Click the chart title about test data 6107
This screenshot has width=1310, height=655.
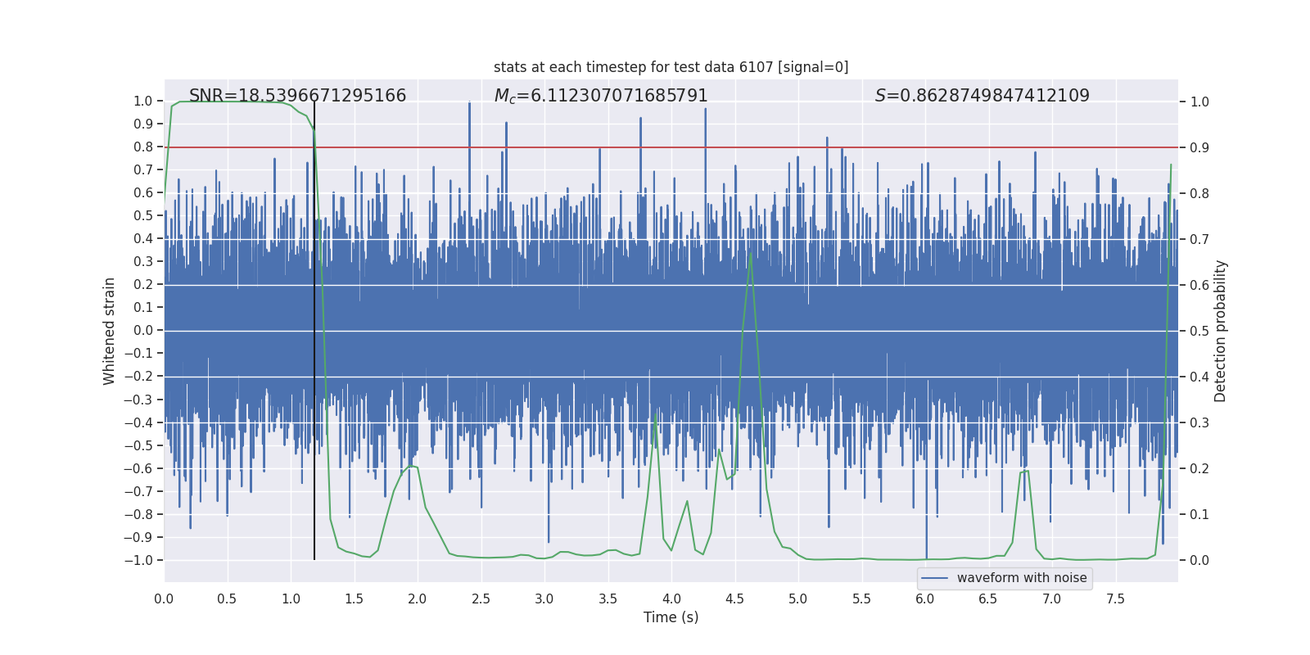[x=671, y=67]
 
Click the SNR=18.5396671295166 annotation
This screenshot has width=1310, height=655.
[x=297, y=96]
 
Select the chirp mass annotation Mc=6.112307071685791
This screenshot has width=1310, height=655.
[x=601, y=96]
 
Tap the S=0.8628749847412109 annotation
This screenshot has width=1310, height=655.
[x=982, y=96]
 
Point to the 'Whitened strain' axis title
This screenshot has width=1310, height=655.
[x=110, y=331]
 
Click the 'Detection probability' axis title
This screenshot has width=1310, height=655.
[x=1221, y=331]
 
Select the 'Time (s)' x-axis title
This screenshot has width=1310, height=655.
[x=671, y=617]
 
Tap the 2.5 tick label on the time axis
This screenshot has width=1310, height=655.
[x=481, y=599]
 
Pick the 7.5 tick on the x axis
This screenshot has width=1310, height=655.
[x=1115, y=599]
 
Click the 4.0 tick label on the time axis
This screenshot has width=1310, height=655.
[x=671, y=599]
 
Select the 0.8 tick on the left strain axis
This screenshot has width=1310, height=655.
[x=143, y=147]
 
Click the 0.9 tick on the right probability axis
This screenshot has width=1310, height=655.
[x=1199, y=147]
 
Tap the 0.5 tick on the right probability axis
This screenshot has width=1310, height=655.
[x=1199, y=331]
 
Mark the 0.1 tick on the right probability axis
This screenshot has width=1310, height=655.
[x=1199, y=514]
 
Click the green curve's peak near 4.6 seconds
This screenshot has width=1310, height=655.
[x=750, y=253]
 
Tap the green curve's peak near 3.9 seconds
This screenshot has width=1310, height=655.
[x=656, y=413]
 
